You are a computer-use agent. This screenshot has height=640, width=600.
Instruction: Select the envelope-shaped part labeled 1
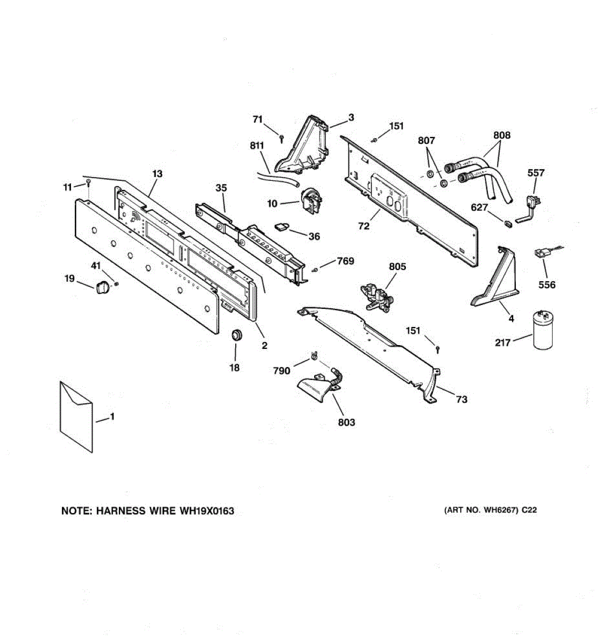pyautogui.click(x=76, y=416)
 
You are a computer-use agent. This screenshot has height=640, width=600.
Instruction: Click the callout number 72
pyautogui.click(x=364, y=226)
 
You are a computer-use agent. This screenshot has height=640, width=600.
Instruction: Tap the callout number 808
pyautogui.click(x=501, y=135)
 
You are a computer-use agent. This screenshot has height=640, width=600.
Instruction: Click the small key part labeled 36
pyautogui.click(x=281, y=227)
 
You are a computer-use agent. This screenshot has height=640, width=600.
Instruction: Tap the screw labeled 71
pyautogui.click(x=281, y=138)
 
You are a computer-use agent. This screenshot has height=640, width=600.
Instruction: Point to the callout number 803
pyautogui.click(x=347, y=422)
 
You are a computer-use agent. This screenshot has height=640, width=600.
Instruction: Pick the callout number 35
pyautogui.click(x=221, y=188)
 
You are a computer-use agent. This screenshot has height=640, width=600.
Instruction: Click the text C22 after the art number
pyautogui.click(x=529, y=510)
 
